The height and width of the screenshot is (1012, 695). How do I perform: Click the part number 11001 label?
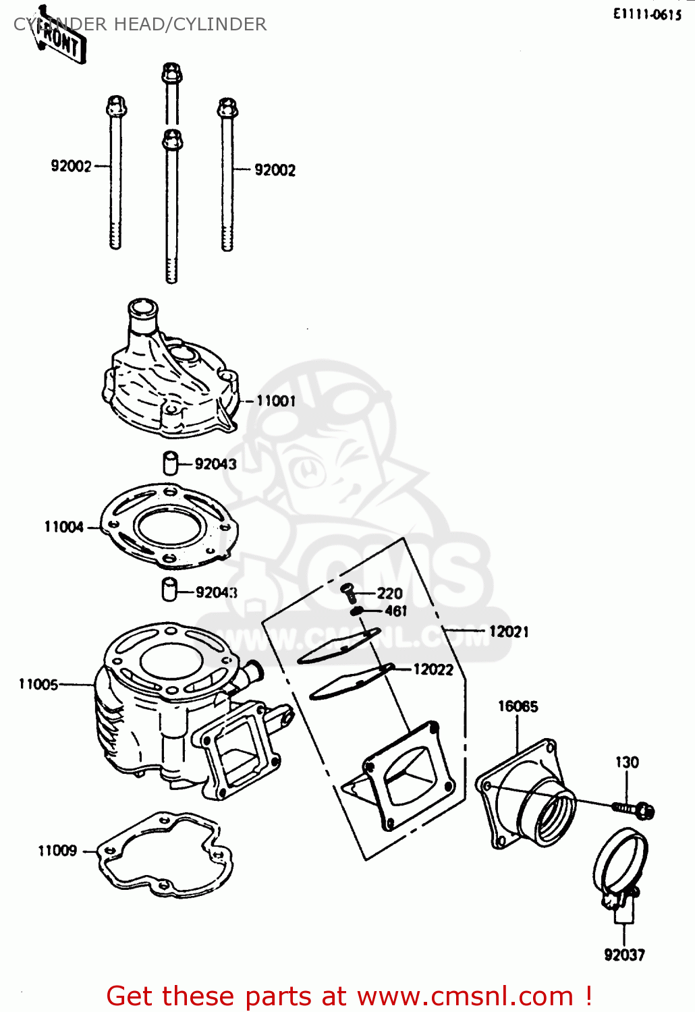pos(275,401)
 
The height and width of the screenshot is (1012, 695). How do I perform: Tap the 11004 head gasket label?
pos(64,527)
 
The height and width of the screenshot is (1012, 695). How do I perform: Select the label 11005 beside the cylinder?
pos(38,684)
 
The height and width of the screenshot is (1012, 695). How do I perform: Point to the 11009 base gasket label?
pos(57,851)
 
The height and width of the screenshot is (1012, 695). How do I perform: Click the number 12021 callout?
pos(509,631)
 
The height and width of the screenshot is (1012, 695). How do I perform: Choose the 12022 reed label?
pos(433,669)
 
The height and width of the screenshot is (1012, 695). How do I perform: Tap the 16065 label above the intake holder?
pos(518,706)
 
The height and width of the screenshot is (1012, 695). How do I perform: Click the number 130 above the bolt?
pos(626,762)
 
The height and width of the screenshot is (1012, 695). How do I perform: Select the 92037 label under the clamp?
pos(624,955)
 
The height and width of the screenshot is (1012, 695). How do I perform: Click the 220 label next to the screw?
pos(389,594)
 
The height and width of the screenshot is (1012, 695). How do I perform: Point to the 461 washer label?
pos(395,611)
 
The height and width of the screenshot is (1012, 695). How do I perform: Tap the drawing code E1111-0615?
pos(647,14)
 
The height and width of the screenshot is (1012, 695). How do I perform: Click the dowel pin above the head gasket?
pos(170,463)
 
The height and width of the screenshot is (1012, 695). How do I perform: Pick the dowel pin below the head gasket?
pos(169,589)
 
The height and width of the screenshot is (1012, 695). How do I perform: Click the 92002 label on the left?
pos(71,166)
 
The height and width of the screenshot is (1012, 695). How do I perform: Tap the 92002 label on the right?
pos(275,170)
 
